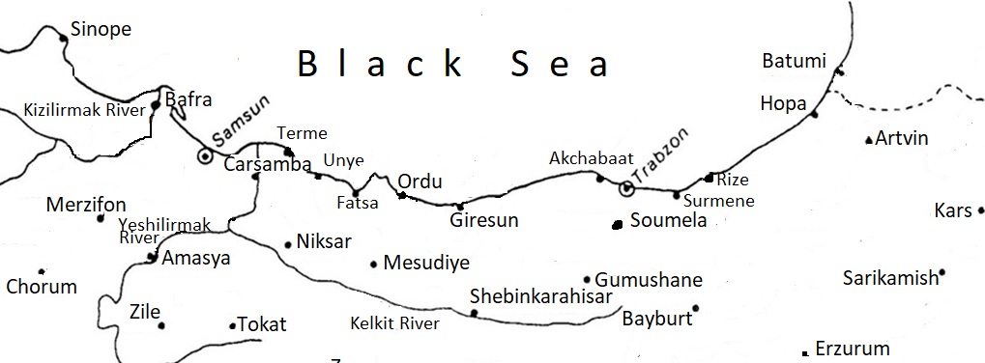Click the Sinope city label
pos(101,30)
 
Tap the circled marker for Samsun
pos(205,154)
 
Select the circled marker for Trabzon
pos(625,189)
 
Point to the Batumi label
pos(795,61)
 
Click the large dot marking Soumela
pos(617,225)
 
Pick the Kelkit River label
pos(394,323)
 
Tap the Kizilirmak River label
pos(84,110)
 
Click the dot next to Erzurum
pos(805,352)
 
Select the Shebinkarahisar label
pos(540,295)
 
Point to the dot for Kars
pos(980,210)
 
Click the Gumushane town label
pos(649,280)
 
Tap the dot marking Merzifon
pos(100,218)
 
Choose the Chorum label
pos(41,287)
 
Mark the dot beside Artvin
pos(868,140)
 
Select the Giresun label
pos(484,220)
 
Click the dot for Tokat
pos(232,326)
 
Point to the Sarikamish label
pos(890,278)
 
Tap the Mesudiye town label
pos(426,263)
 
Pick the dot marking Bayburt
pos(695,309)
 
